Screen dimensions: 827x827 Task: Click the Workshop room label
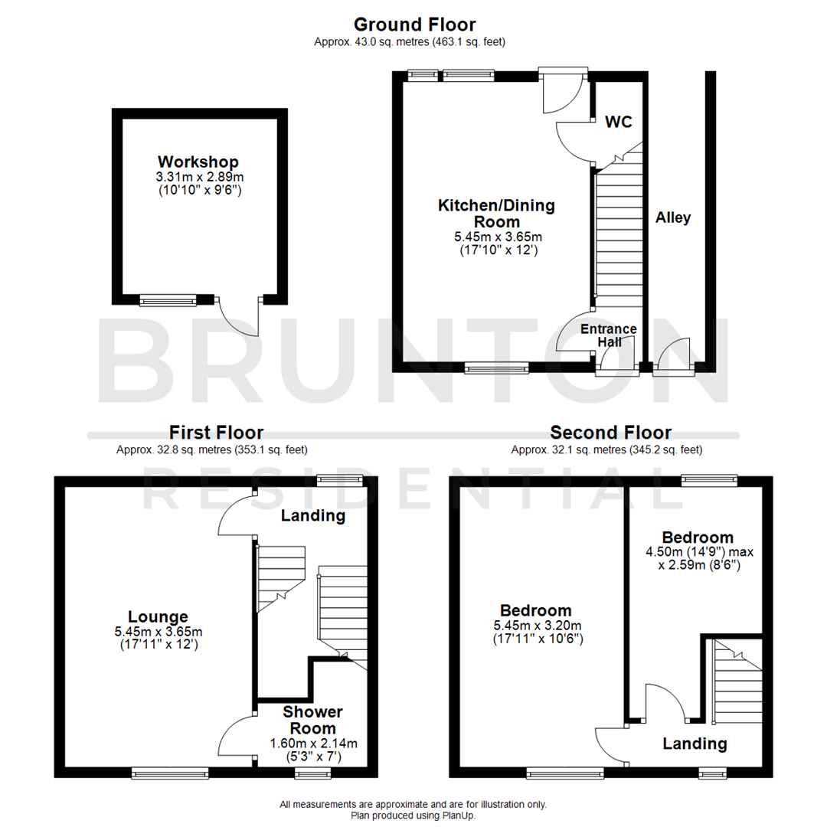[198, 162]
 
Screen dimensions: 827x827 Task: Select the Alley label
[673, 218]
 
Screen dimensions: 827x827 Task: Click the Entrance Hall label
[609, 335]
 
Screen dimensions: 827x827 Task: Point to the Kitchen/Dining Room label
[496, 214]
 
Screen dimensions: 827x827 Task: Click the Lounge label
[158, 616]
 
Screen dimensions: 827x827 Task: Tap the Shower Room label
[312, 720]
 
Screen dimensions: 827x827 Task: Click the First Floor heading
[217, 433]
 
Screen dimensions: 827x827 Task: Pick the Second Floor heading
[610, 433]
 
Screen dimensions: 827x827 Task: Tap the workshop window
[168, 300]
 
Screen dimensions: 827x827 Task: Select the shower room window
[309, 774]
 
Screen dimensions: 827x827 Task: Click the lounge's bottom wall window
[170, 774]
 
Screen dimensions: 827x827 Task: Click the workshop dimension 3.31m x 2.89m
[198, 177]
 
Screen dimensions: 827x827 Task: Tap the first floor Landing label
[312, 516]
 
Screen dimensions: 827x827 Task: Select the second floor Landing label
[695, 744]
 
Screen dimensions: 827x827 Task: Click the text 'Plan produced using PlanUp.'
[413, 816]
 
